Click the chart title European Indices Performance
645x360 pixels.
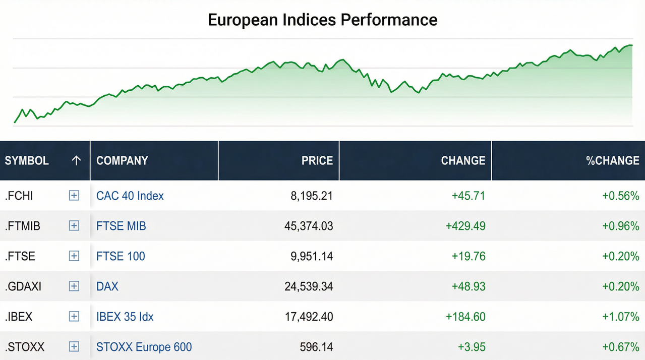(x=322, y=20)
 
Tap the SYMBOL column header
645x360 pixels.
(x=27, y=161)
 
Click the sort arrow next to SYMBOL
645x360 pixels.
(x=76, y=161)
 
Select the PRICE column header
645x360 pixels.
(x=317, y=161)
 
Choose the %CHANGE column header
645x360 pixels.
(x=612, y=161)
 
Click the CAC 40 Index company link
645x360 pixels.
(x=130, y=196)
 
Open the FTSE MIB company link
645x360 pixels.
(x=121, y=226)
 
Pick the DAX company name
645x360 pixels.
(x=107, y=286)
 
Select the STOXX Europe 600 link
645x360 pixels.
(x=144, y=347)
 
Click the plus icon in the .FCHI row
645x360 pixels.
(x=74, y=196)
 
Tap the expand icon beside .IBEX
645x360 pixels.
(x=74, y=317)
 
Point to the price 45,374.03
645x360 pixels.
(x=309, y=226)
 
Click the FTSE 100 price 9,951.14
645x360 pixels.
(x=312, y=256)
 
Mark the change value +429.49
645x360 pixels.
(x=465, y=226)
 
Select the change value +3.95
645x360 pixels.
(x=472, y=347)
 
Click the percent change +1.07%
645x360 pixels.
(x=621, y=317)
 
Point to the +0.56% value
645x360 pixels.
(x=621, y=196)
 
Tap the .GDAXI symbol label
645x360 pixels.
(x=23, y=286)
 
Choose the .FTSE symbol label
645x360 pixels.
(x=20, y=256)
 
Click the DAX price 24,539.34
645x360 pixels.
(x=309, y=286)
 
